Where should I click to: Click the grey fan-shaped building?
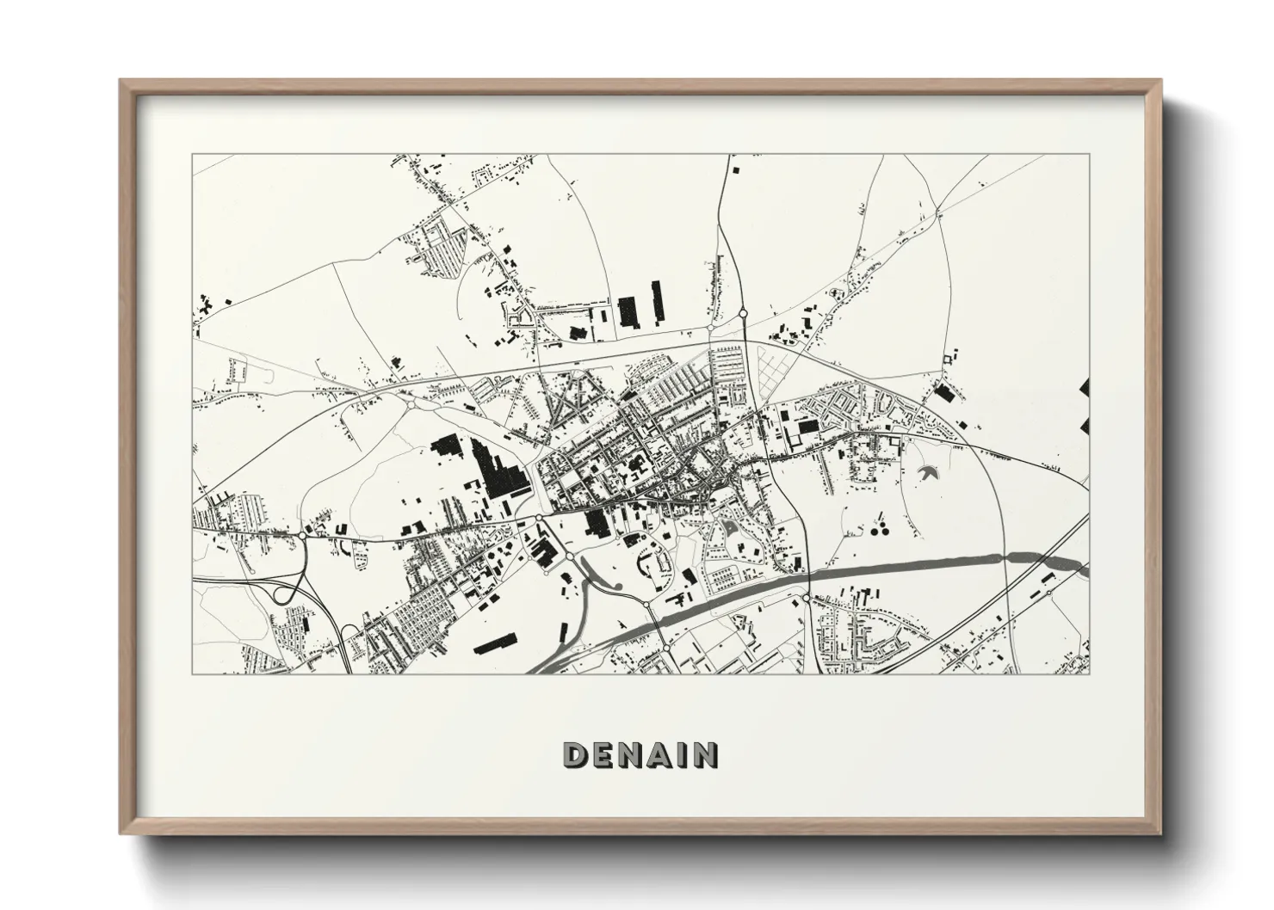pos(929,472)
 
